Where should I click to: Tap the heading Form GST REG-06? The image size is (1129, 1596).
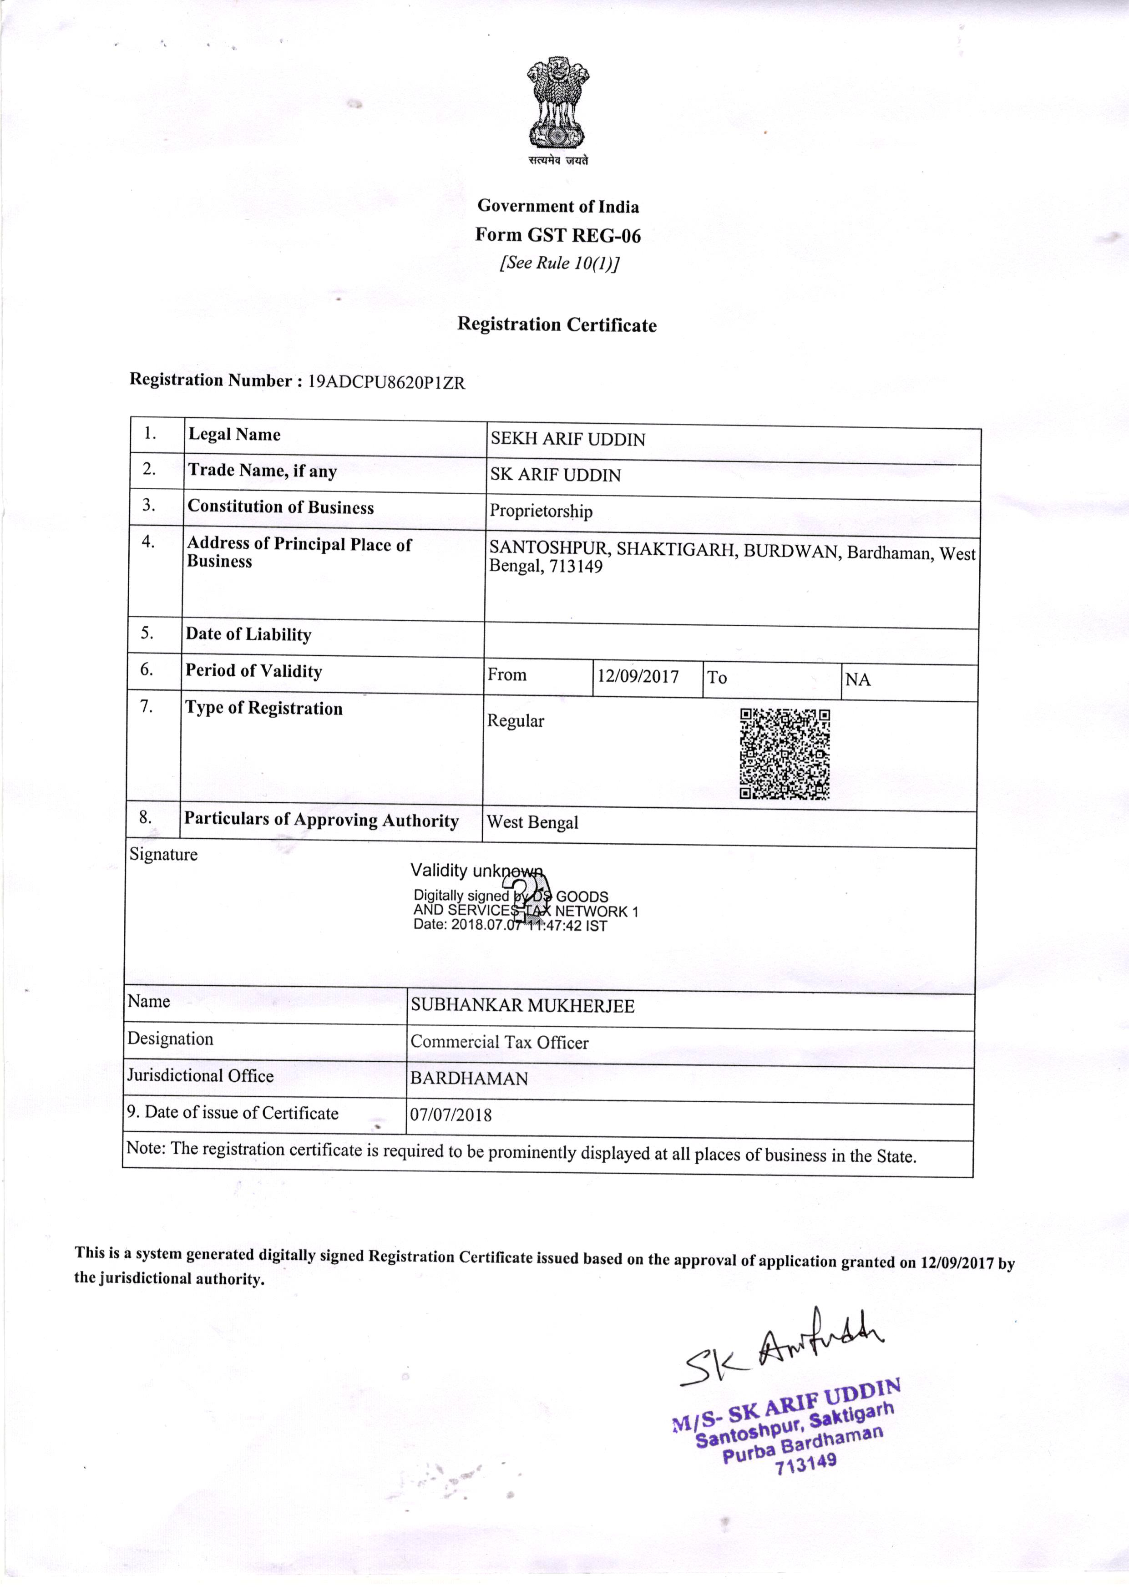[557, 236]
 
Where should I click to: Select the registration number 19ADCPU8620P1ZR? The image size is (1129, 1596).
[386, 382]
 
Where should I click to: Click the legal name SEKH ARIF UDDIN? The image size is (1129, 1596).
[568, 439]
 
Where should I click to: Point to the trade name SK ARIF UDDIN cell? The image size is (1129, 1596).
[556, 476]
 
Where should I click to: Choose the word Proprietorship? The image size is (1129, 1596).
[541, 512]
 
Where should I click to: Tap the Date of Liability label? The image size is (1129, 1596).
[248, 634]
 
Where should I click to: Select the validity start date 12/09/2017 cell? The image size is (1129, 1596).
[638, 676]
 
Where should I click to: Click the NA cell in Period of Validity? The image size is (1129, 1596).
[858, 680]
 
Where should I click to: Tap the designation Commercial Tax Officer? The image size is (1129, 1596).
[499, 1042]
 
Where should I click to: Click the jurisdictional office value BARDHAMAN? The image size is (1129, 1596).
[469, 1078]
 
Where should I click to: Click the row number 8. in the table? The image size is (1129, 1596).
[145, 817]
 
